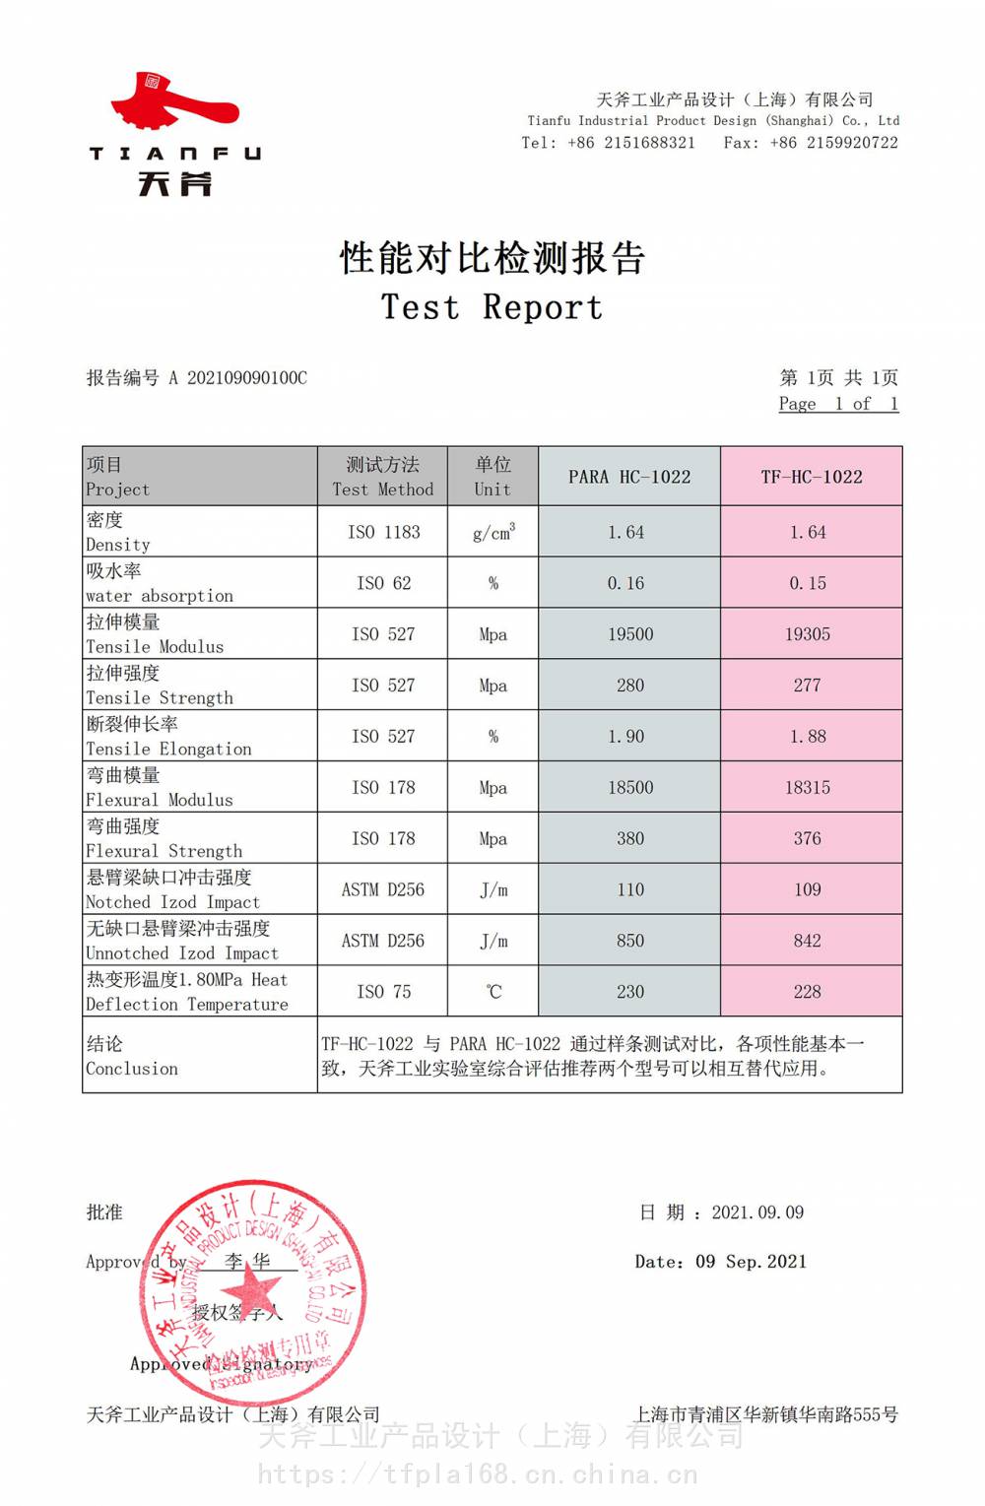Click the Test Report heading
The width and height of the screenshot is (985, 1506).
(x=492, y=307)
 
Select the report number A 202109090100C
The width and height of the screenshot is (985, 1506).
(x=237, y=378)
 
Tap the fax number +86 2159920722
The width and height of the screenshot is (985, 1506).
(x=834, y=143)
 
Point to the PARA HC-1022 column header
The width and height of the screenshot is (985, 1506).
(x=629, y=477)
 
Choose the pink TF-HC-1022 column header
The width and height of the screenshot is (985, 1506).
(x=811, y=477)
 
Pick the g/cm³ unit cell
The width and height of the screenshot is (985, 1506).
(x=493, y=532)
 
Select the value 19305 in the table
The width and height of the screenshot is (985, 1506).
(x=808, y=634)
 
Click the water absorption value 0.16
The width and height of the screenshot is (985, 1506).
(x=625, y=583)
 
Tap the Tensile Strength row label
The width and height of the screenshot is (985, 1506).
(x=160, y=697)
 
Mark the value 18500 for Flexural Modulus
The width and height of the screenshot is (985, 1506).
(x=630, y=788)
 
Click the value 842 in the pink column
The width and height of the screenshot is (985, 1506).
(x=808, y=941)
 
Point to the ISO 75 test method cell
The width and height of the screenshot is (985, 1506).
(x=383, y=992)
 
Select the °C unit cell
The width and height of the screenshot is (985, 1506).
(x=493, y=992)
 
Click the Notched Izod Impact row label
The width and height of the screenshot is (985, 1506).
(x=172, y=902)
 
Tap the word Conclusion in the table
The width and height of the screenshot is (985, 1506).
(x=132, y=1069)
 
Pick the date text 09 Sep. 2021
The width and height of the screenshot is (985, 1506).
(x=751, y=1262)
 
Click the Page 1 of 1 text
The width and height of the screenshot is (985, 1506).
(x=838, y=404)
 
